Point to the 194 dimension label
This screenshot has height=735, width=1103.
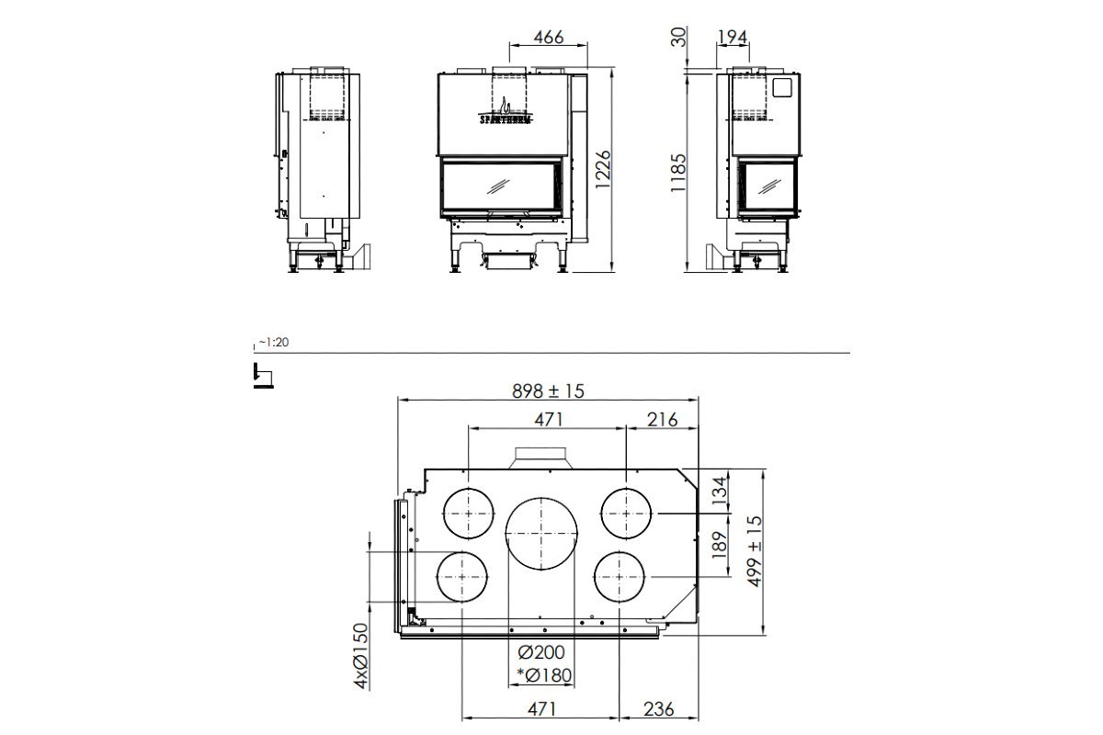tap(733, 37)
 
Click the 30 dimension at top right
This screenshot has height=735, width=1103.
tap(678, 38)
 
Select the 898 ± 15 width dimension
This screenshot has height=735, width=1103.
tap(548, 390)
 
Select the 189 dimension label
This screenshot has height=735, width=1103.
tap(719, 549)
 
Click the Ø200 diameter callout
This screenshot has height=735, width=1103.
tap(540, 653)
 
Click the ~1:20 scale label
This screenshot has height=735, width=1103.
tap(273, 342)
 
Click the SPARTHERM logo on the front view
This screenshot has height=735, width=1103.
tap(506, 118)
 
